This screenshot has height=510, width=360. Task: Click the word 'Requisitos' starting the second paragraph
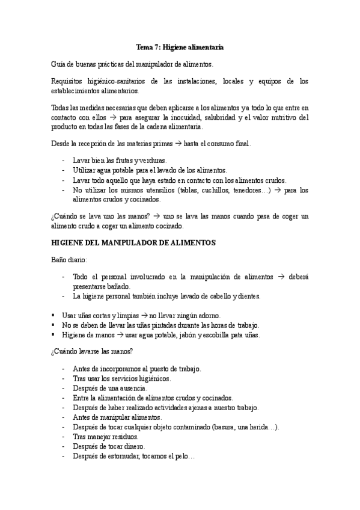tap(67, 81)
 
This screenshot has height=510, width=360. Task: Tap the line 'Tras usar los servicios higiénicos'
tap(121, 378)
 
